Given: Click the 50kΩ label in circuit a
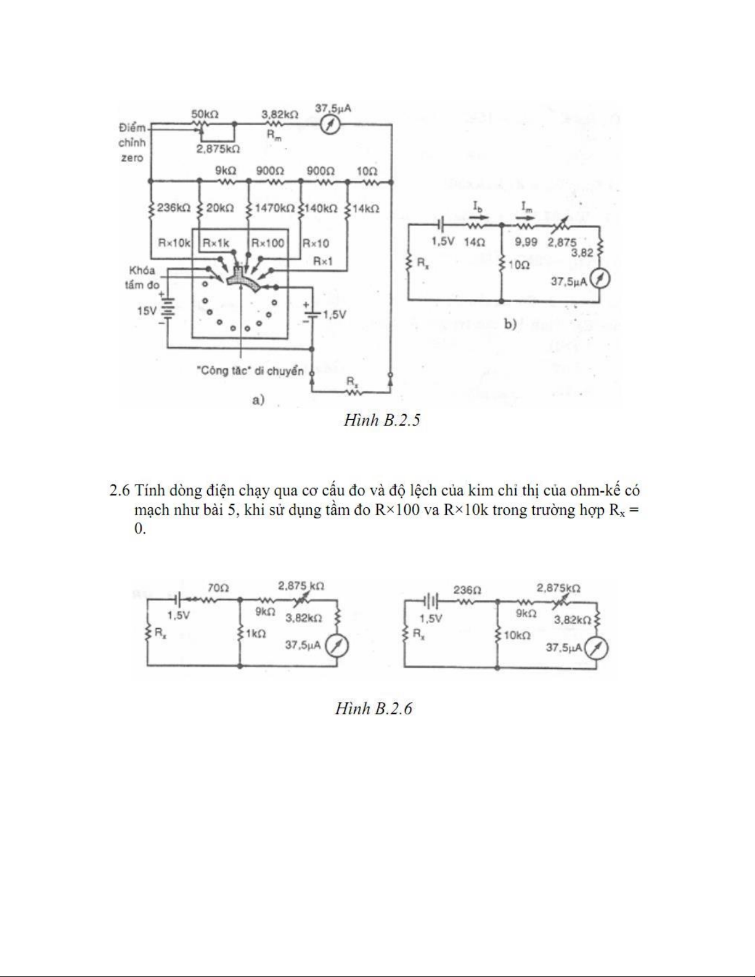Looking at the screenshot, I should click(205, 114).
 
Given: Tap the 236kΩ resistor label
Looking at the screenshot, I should click(173, 208).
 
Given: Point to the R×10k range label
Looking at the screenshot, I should click(174, 243).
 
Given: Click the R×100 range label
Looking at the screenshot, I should click(267, 243).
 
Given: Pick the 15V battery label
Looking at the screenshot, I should click(147, 311).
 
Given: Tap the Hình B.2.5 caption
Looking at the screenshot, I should click(382, 420).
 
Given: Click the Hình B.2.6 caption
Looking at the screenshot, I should click(373, 709).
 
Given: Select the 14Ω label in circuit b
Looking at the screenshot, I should click(475, 242).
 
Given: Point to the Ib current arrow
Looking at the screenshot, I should click(479, 216).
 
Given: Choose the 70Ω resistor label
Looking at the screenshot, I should click(218, 587).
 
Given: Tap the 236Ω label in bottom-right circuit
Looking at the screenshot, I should click(467, 589).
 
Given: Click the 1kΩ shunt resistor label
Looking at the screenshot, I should click(255, 633).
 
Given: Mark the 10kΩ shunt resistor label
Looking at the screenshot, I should click(517, 635).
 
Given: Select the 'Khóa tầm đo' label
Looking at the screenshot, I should click(142, 277).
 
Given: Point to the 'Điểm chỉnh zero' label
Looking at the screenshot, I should click(132, 142).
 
